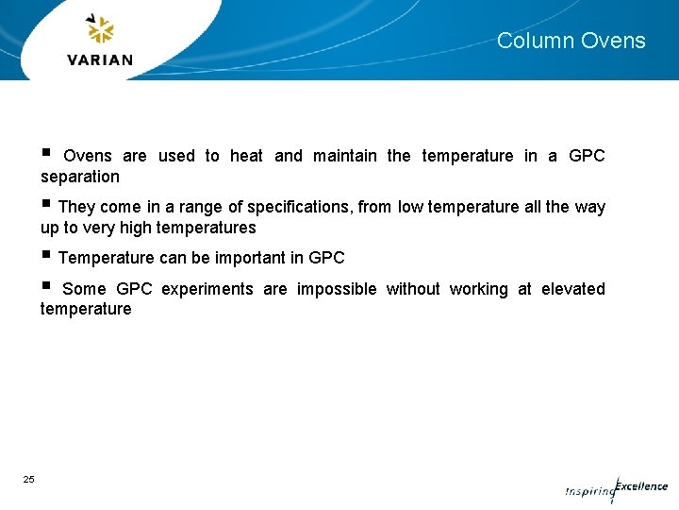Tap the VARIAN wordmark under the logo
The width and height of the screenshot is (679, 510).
click(100, 59)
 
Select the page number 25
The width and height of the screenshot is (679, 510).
click(28, 480)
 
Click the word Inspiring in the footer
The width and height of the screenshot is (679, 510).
click(588, 492)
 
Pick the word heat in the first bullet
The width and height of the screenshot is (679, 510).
click(246, 156)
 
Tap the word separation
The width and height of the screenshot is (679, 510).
click(80, 177)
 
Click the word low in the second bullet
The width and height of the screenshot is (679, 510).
click(410, 207)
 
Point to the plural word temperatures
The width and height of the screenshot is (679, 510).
click(207, 228)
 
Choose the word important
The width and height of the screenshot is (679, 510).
click(250, 258)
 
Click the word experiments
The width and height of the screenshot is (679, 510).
click(207, 289)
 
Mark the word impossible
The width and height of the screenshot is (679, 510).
click(337, 289)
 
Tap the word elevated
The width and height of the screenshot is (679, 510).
click(573, 289)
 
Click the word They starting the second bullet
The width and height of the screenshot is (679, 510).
click(78, 207)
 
